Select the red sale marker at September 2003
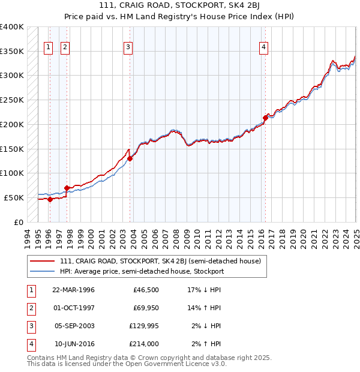click(130, 158)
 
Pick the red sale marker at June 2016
click(265, 117)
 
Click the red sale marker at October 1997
click(66, 188)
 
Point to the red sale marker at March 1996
click(50, 199)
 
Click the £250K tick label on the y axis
click(11, 100)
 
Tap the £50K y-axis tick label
click(14, 197)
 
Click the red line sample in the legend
click(41, 262)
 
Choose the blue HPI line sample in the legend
click(41, 271)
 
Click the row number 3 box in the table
click(31, 326)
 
